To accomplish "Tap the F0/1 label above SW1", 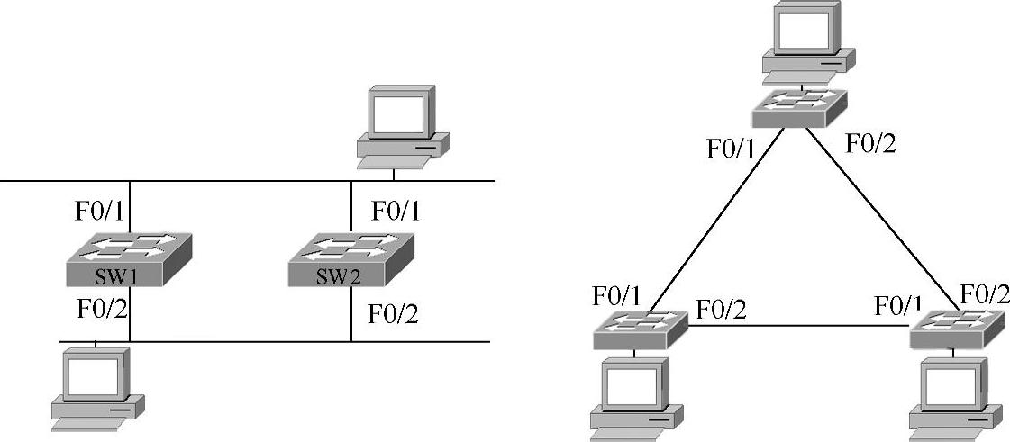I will (x=100, y=212).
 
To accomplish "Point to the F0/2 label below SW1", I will (x=100, y=311).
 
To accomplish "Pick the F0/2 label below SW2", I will (x=394, y=314).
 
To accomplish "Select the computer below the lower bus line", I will (x=96, y=388).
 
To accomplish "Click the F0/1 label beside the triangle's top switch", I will (x=732, y=149).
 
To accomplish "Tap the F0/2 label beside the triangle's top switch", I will (x=870, y=143).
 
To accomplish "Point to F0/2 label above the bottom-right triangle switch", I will (x=985, y=293).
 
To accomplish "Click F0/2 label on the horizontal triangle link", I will (x=721, y=310).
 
